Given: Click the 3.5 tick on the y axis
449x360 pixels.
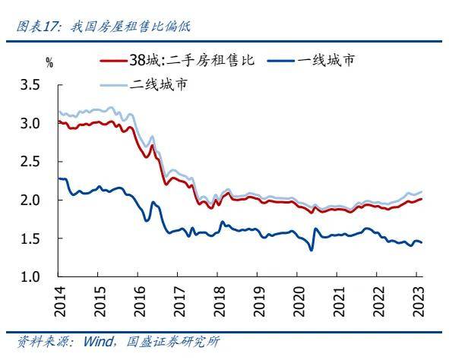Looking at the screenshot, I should tap(31, 85).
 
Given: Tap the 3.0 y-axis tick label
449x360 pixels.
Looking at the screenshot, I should tap(31, 123).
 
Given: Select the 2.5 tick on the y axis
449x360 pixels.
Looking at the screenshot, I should tap(31, 162).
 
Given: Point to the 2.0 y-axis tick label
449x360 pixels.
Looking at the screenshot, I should tap(31, 200).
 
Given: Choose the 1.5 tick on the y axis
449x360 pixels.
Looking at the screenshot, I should tap(31, 238).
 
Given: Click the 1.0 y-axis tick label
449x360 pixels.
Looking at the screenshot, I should tap(31, 277).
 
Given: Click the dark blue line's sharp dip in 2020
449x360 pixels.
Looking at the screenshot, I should tap(311, 250).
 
